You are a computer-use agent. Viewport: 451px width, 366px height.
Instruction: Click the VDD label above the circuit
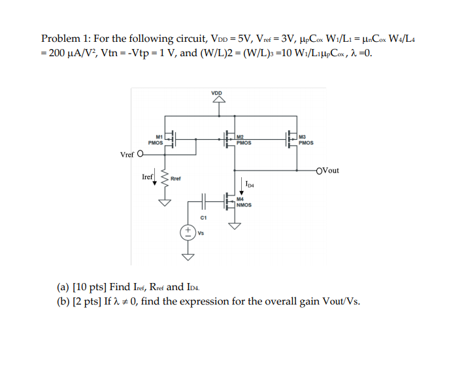[216, 93]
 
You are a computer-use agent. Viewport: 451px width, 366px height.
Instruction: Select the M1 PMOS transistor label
[156, 139]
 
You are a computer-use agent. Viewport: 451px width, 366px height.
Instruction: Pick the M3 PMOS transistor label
[305, 139]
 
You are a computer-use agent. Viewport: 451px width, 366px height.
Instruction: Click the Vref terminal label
[129, 155]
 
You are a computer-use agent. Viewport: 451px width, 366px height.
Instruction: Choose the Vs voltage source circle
[188, 231]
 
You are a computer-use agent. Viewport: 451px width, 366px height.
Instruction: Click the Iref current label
[148, 176]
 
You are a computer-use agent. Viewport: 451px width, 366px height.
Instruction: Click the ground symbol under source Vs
[188, 256]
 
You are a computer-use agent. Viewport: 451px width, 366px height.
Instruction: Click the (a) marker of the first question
[63, 286]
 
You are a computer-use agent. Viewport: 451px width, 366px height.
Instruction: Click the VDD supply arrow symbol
[217, 101]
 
